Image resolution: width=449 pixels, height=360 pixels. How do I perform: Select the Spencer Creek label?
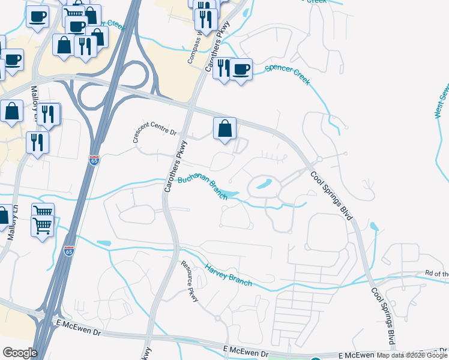pos(287,74)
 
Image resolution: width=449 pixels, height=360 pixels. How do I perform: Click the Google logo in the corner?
pos(20,353)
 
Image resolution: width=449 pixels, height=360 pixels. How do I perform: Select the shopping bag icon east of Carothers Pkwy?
pos(224,128)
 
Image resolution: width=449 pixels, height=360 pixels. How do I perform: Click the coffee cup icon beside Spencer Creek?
pos(241,70)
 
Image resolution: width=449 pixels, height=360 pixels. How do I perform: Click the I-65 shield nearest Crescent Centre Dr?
pos(94,160)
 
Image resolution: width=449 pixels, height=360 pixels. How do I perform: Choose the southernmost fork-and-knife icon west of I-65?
pos(37,143)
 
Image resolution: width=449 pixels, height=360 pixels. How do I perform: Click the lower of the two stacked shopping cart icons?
pos(43,227)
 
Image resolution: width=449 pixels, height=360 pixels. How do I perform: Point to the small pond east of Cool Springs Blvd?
pos(375,227)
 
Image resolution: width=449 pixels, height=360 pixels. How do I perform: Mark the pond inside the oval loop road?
pos(263,184)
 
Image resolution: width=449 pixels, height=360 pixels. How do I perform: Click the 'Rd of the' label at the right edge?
pos(436,274)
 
